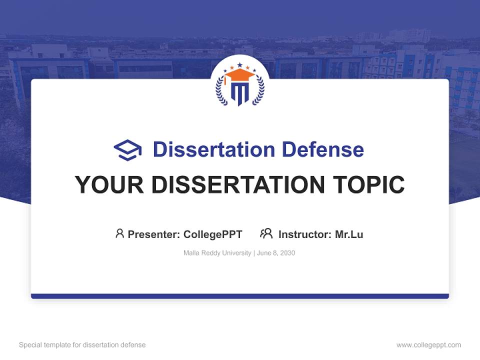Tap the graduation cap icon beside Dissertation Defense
[127, 149]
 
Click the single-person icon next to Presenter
[119, 233]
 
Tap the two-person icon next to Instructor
[266, 233]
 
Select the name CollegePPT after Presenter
[213, 234]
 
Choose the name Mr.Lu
[349, 234]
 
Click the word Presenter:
[154, 234]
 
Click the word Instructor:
[305, 234]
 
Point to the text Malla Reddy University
[217, 253]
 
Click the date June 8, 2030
[276, 253]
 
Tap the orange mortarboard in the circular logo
[239, 75]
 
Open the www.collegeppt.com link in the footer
[428, 345]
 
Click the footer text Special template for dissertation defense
[82, 345]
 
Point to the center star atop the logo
[239, 64]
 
